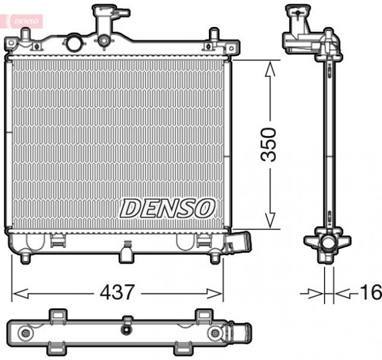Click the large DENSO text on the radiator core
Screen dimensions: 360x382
click(x=167, y=208)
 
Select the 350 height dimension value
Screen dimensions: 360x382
click(x=271, y=144)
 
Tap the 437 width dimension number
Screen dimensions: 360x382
click(x=117, y=293)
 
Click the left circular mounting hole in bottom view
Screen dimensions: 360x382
click(x=25, y=332)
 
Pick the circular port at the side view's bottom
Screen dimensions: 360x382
click(x=327, y=244)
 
